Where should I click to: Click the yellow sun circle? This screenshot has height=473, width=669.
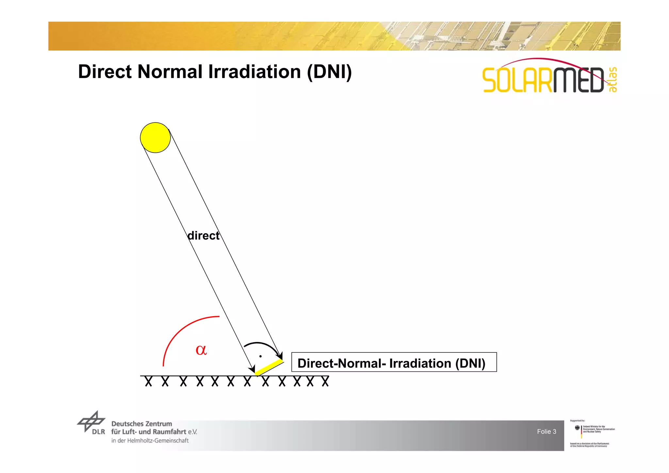click(155, 138)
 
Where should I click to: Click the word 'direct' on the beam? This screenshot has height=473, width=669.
click(203, 236)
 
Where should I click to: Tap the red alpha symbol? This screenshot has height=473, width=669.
click(201, 350)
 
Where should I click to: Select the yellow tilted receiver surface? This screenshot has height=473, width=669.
click(269, 367)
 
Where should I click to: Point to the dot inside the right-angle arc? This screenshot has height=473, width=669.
click(260, 356)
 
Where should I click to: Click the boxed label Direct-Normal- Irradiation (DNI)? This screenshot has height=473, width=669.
click(394, 362)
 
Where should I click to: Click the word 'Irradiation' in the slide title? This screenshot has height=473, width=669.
click(254, 72)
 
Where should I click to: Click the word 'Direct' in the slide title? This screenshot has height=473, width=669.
click(105, 72)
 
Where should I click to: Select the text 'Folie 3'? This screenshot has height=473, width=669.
click(547, 432)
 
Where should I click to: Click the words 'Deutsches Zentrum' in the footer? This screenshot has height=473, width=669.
click(141, 424)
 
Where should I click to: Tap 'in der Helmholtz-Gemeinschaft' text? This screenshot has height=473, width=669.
click(150, 441)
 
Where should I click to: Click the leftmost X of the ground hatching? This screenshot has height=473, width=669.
click(148, 381)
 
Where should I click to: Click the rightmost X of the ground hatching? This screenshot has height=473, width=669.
click(325, 381)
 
